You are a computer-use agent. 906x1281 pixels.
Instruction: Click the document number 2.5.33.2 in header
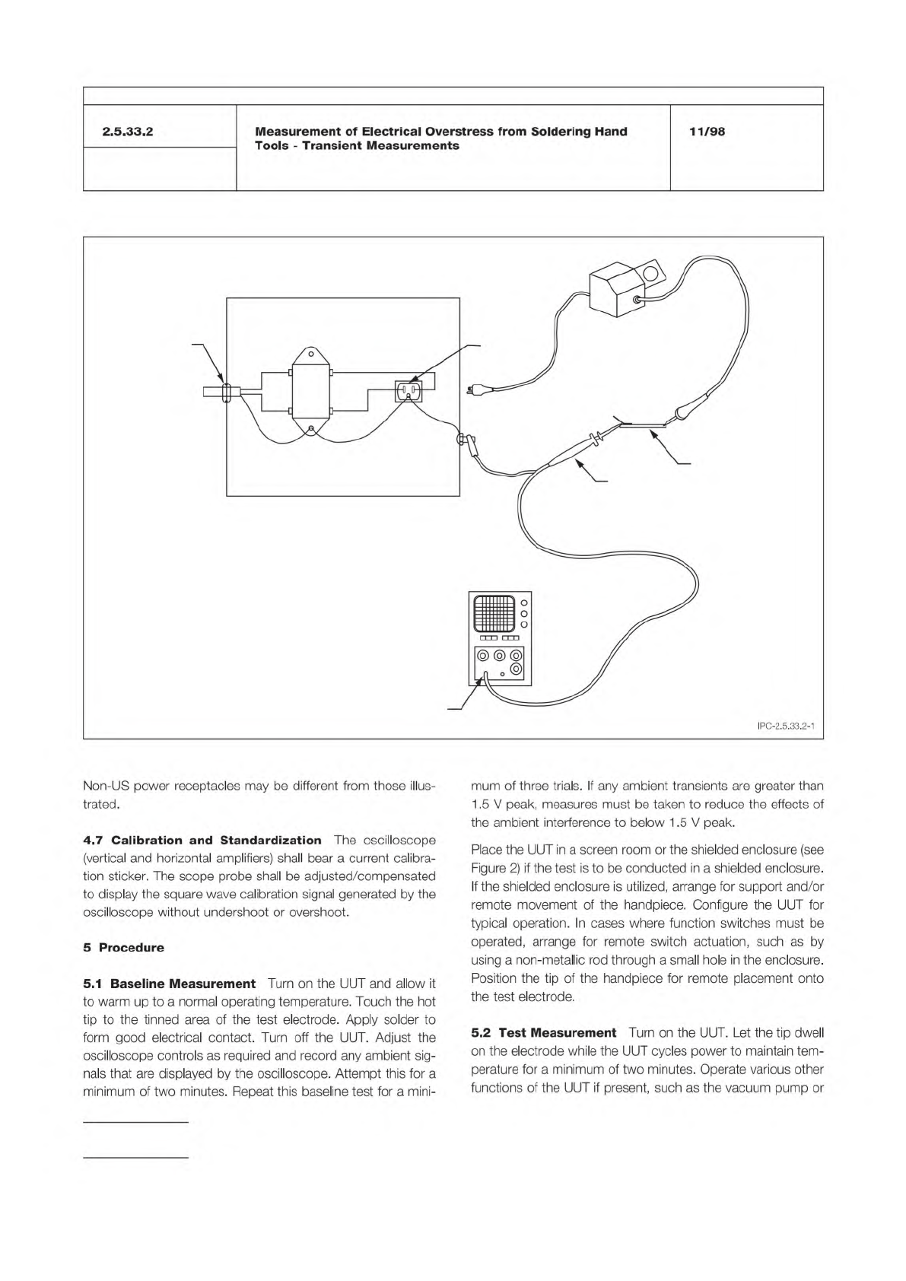pos(129,132)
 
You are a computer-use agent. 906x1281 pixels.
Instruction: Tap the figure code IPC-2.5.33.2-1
pos(786,726)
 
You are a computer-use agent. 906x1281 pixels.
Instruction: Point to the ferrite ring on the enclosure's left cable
pos(225,393)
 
